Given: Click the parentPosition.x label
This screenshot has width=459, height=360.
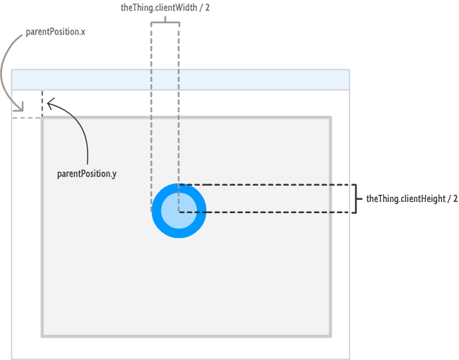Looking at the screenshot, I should click(x=56, y=32).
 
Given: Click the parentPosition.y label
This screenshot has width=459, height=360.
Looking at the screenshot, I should click(x=87, y=174).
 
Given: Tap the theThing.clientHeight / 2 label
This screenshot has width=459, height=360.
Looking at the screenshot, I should click(x=412, y=199).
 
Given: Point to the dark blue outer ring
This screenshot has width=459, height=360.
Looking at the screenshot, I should click(x=157, y=210).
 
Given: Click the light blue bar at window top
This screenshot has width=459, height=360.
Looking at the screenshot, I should click(x=181, y=80).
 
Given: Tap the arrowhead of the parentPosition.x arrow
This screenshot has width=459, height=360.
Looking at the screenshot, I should click(x=20, y=109).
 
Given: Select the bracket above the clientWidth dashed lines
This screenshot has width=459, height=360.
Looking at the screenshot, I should click(x=165, y=21).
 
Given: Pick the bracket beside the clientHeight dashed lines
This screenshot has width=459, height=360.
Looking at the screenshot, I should click(x=353, y=198).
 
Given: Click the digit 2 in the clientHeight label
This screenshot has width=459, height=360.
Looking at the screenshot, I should click(x=455, y=199).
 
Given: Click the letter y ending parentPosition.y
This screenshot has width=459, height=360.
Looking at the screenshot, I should click(x=114, y=174).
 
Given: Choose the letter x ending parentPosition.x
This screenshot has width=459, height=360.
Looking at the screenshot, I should click(x=83, y=32).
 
